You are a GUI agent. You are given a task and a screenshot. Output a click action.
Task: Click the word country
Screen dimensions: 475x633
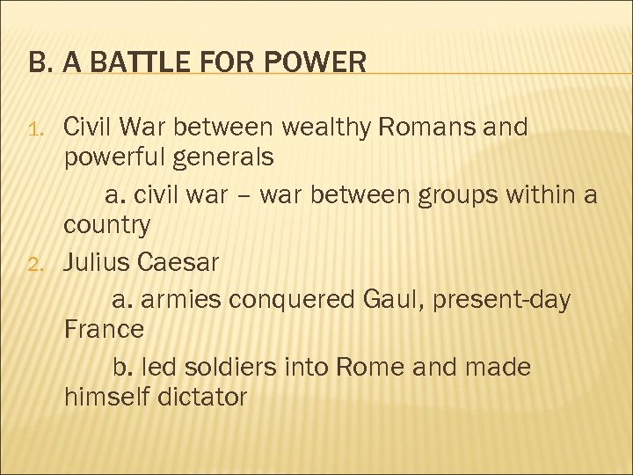coord(106,226)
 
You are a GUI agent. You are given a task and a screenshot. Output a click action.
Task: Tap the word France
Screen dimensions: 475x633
coord(104,330)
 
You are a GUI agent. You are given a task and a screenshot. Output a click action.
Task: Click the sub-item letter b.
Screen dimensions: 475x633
coord(122,365)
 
